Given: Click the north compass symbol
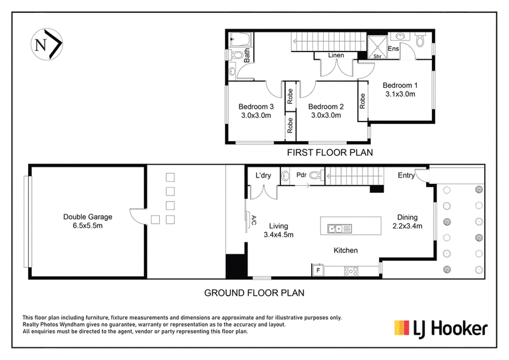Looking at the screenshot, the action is pyautogui.click(x=46, y=44).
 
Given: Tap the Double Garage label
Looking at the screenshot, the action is pyautogui.click(x=88, y=217).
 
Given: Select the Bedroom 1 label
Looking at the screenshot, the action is pyautogui.click(x=400, y=85).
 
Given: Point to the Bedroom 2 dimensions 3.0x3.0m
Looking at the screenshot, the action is pyautogui.click(x=326, y=115).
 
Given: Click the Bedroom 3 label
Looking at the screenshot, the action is pyautogui.click(x=256, y=106).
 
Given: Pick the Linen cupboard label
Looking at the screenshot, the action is pyautogui.click(x=336, y=55).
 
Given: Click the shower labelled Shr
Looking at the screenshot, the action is pyautogui.click(x=377, y=48).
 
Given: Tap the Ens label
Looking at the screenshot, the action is pyautogui.click(x=393, y=48).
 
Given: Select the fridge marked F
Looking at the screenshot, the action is pyautogui.click(x=319, y=270).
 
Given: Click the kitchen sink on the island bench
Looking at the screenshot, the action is pyautogui.click(x=339, y=229).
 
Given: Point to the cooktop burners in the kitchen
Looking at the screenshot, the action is pyautogui.click(x=351, y=271).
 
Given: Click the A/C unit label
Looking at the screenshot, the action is pyautogui.click(x=254, y=221).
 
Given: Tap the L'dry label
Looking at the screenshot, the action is pyautogui.click(x=263, y=176).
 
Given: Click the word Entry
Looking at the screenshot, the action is pyautogui.click(x=406, y=176).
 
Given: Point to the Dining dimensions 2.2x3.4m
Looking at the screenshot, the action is pyautogui.click(x=407, y=226).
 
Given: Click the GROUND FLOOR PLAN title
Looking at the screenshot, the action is pyautogui.click(x=254, y=293).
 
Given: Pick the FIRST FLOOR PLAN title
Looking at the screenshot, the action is pyautogui.click(x=330, y=152).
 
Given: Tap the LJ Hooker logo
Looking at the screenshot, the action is pyautogui.click(x=441, y=328).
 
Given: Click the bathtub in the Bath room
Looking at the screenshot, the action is pyautogui.click(x=240, y=40).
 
